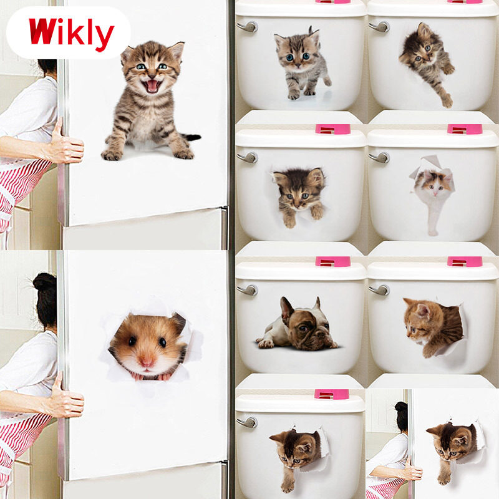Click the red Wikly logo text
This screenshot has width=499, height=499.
[x=71, y=34]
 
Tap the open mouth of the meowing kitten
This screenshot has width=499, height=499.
[x=152, y=86]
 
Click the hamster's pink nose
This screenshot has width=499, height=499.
[x=147, y=361]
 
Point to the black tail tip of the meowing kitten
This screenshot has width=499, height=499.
[x=193, y=137]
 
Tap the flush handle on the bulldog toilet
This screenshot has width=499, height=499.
[x=248, y=290]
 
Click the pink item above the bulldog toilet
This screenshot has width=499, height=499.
[x=332, y=261]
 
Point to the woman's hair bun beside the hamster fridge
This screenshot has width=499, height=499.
[x=44, y=281]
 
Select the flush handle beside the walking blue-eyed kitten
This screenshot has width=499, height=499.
[x=247, y=27]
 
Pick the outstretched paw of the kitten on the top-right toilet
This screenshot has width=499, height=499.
[x=447, y=101]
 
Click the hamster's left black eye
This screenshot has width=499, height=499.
[x=132, y=341]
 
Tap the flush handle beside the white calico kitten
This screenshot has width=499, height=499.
[x=379, y=157]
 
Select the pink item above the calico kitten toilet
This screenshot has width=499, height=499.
[x=465, y=129]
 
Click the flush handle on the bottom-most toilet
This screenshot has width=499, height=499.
[x=247, y=422]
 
